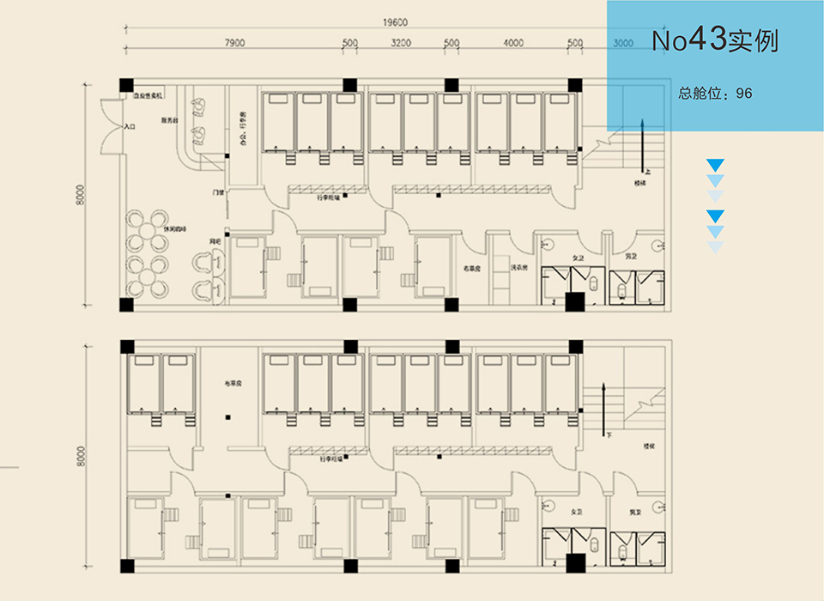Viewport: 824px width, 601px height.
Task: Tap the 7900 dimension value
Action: click(235, 43)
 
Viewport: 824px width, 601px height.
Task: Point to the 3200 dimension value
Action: click(401, 43)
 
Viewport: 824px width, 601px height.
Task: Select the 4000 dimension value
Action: click(513, 43)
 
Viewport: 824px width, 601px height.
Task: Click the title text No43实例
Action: click(714, 41)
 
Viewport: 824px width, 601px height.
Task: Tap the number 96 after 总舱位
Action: click(744, 93)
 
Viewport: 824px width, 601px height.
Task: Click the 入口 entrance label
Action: click(130, 126)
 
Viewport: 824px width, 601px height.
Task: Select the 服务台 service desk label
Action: click(169, 121)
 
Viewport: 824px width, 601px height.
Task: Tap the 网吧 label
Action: click(215, 244)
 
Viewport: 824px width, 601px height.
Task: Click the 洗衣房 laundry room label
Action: click(518, 267)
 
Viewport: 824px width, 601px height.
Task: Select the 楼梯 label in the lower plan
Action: click(649, 446)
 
